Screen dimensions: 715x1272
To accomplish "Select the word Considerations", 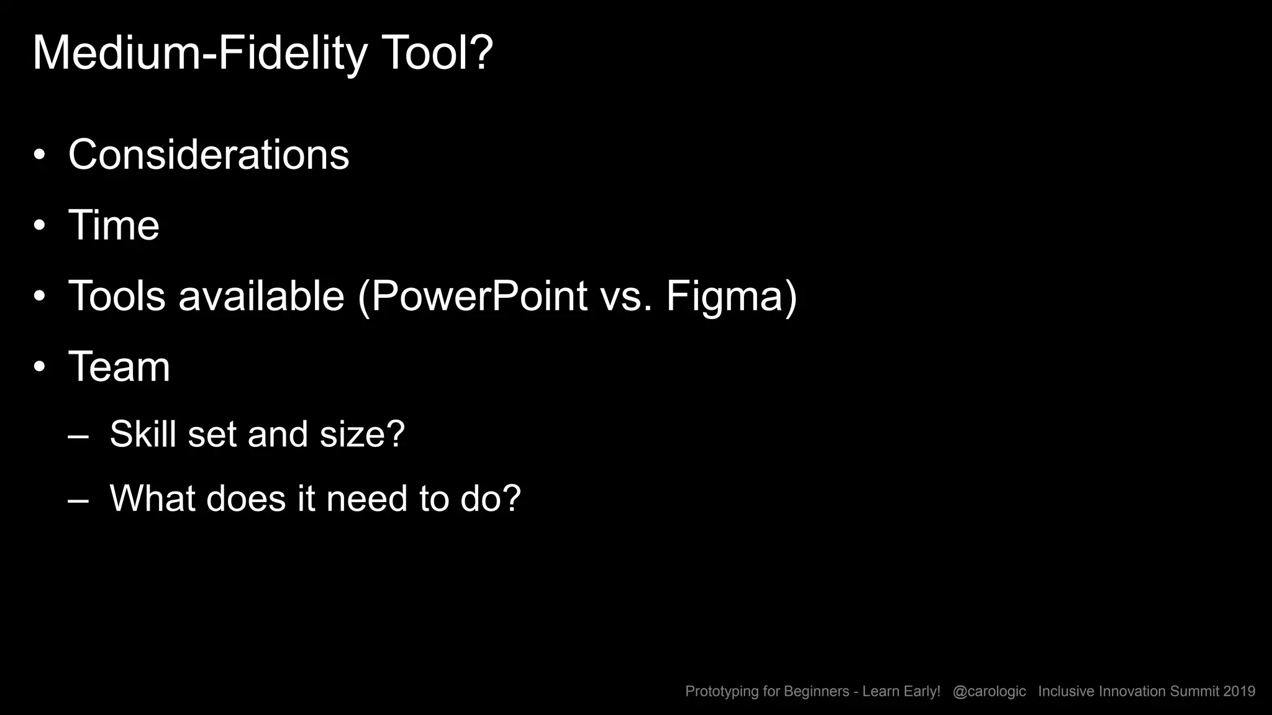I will click(x=209, y=155).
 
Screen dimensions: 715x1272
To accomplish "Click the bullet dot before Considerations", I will click(x=40, y=155).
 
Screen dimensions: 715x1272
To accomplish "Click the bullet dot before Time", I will click(x=40, y=226).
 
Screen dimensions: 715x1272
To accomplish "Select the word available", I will click(x=261, y=296).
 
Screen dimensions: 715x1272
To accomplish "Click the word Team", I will click(x=119, y=367).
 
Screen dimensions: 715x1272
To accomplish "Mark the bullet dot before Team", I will click(x=40, y=367).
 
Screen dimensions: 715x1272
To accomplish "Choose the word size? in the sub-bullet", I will click(x=362, y=434).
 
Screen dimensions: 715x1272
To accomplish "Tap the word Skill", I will click(x=143, y=434).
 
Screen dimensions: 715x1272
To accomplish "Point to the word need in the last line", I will click(x=366, y=498).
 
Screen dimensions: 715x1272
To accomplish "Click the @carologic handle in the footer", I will click(x=989, y=691).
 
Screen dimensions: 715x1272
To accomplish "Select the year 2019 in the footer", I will click(x=1239, y=691).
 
